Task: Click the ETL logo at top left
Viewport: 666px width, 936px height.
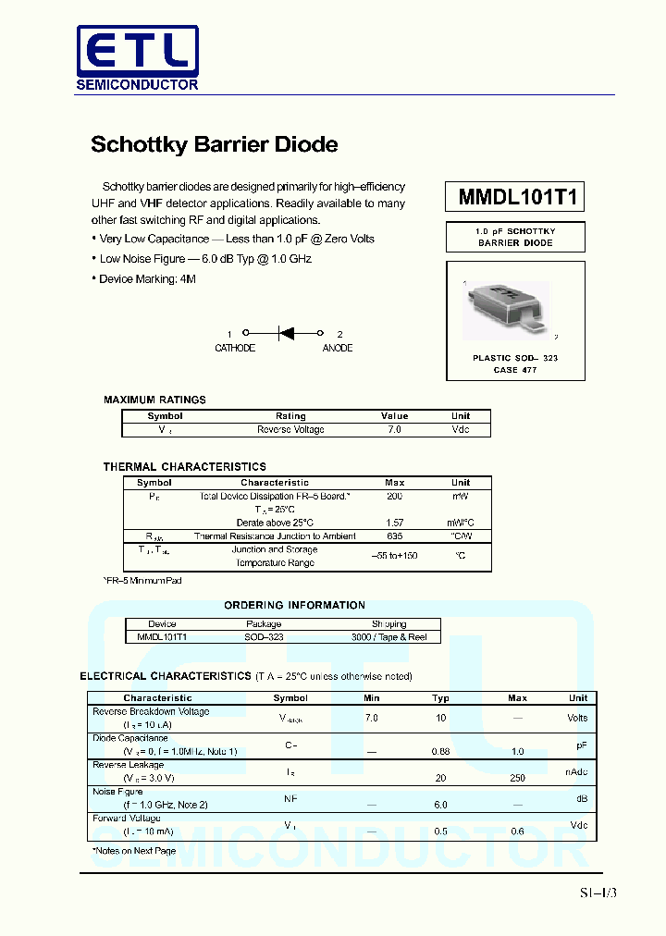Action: coord(136,57)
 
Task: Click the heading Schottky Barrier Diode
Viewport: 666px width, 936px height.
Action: coord(214,144)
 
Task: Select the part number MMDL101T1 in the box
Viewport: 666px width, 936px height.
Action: coord(516,197)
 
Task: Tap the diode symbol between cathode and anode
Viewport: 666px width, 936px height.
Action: coord(285,333)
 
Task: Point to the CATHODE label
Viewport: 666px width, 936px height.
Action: coord(235,349)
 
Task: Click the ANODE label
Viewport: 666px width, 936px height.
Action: coord(337,349)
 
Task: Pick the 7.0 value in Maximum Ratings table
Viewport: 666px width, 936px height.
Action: coord(394,430)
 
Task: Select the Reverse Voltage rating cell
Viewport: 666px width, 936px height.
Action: coord(290,430)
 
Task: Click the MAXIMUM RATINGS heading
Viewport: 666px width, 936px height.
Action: coord(154,400)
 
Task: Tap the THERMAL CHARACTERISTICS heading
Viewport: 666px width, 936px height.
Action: coord(184,467)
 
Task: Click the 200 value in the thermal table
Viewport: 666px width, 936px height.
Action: coord(394,497)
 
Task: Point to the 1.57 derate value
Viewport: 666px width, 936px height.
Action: coord(394,523)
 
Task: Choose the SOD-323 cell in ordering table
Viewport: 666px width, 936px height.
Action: coord(264,637)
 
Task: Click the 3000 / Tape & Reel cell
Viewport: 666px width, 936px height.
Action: coord(388,637)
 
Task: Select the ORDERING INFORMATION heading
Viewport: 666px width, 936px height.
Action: coord(294,605)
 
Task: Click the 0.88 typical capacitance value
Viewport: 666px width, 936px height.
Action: coord(440,752)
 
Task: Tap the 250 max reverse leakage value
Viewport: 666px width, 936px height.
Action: coord(517,779)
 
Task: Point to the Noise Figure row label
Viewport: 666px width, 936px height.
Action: coord(117,792)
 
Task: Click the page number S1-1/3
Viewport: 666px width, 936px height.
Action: coord(598,893)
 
